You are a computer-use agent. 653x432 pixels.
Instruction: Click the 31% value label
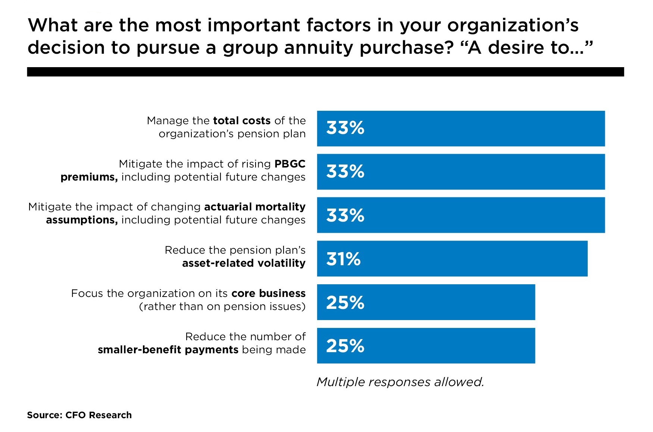click(x=343, y=259)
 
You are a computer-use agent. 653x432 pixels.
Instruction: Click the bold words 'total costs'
click(x=241, y=121)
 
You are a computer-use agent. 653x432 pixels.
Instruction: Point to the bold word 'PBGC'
click(x=290, y=164)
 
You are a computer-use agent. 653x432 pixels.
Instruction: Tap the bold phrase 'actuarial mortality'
click(x=254, y=207)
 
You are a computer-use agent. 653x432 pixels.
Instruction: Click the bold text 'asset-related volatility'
click(x=244, y=263)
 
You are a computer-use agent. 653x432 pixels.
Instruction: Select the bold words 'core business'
click(x=268, y=294)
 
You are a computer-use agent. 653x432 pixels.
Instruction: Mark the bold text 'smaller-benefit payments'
click(x=168, y=350)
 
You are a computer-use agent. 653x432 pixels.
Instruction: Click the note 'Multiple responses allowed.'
click(x=400, y=382)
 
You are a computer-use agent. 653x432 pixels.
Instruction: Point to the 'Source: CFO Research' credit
click(x=79, y=415)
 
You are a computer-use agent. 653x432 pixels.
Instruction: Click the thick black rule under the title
click(x=325, y=72)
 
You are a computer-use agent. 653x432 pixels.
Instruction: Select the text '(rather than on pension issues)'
click(x=222, y=307)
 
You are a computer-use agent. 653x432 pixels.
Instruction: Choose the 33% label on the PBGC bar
click(x=345, y=172)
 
